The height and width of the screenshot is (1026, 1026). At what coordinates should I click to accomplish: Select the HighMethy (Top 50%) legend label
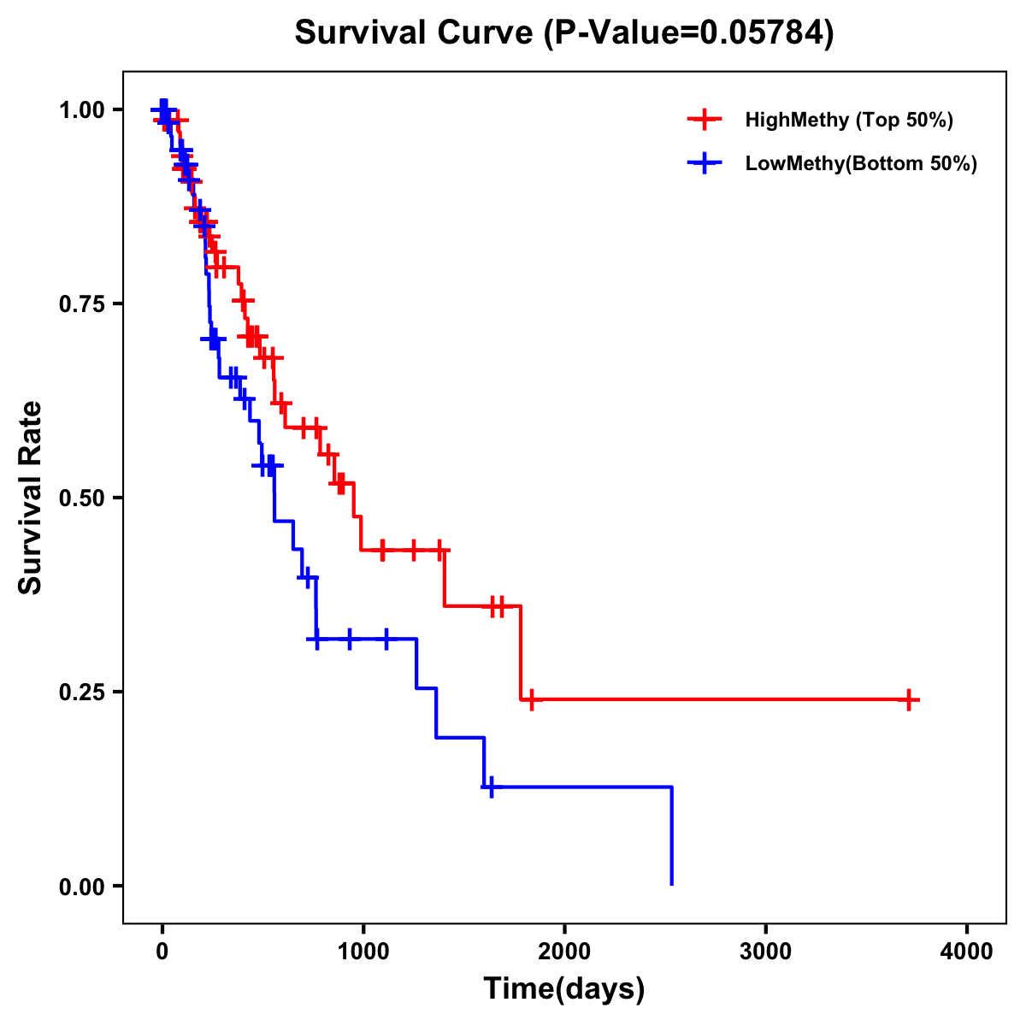(848, 120)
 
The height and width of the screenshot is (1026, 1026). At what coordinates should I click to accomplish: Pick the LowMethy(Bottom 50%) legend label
(861, 163)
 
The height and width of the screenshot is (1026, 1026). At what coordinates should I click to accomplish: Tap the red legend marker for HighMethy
(705, 120)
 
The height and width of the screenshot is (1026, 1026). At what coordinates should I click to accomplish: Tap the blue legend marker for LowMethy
(705, 163)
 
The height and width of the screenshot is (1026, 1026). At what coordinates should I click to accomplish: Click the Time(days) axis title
(564, 989)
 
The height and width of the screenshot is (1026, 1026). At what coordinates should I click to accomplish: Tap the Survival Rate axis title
(32, 498)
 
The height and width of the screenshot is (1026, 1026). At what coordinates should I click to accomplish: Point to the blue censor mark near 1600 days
(491, 787)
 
